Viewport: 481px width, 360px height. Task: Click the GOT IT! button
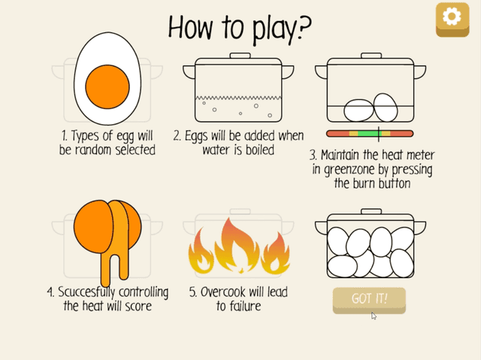click(x=369, y=299)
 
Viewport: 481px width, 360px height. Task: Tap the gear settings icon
click(x=452, y=17)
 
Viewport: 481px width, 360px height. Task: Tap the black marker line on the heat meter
click(x=379, y=133)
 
